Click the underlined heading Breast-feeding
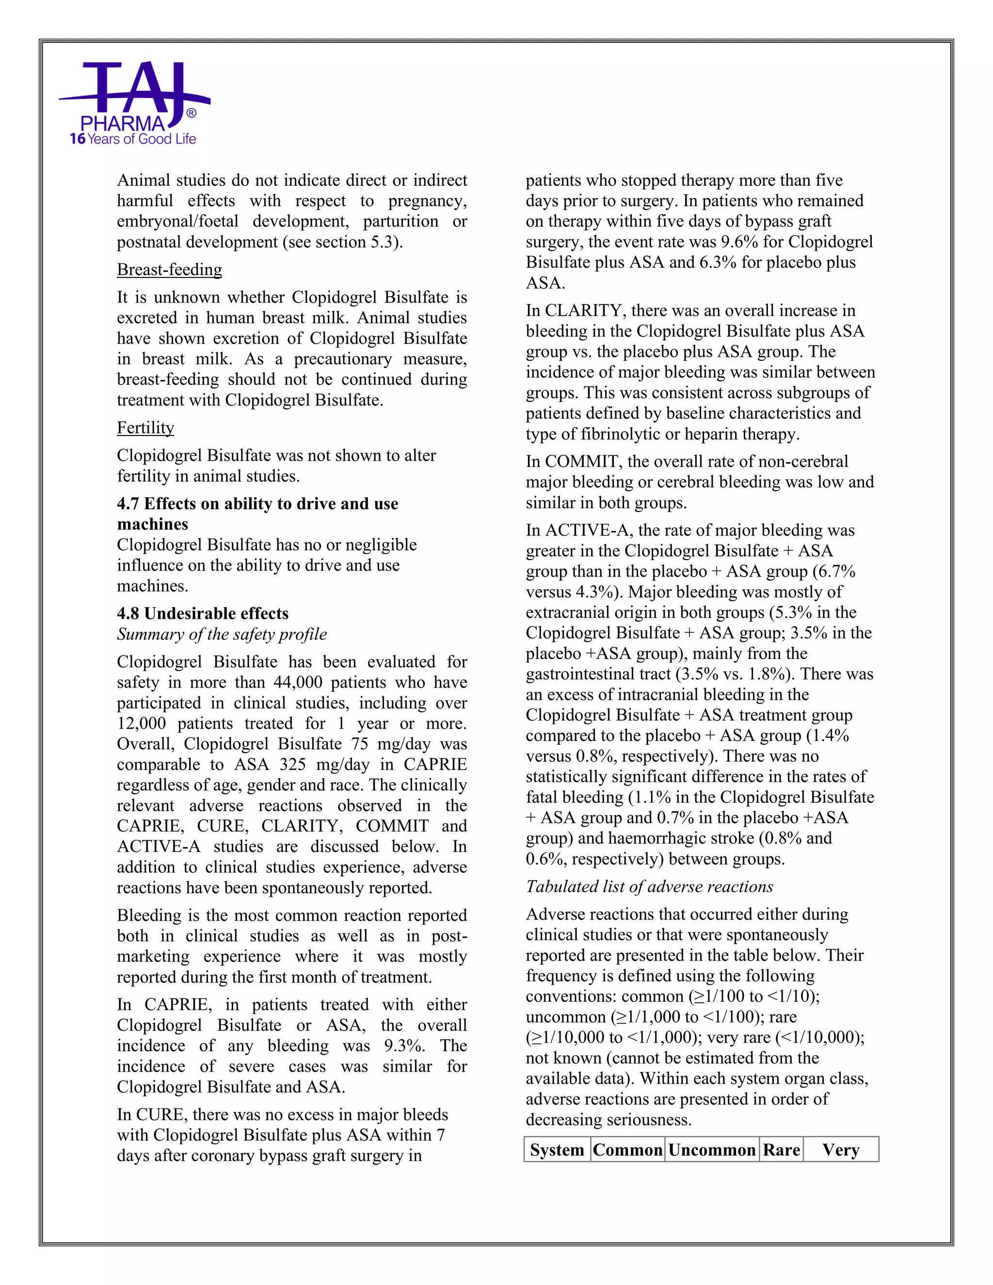[x=169, y=270]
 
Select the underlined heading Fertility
[x=145, y=428]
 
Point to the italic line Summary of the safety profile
[x=222, y=634]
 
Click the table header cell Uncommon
[x=712, y=1150]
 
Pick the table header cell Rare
[x=781, y=1150]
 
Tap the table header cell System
[x=557, y=1150]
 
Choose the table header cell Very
[x=841, y=1150]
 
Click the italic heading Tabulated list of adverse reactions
[x=649, y=887]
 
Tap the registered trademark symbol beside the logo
[x=191, y=113]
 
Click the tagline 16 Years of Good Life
[x=133, y=140]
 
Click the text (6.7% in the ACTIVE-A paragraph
[x=836, y=571]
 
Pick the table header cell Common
[x=628, y=1150]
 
